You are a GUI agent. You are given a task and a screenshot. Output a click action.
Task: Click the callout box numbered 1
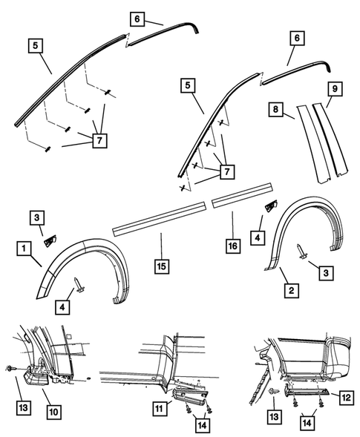coord(24,246)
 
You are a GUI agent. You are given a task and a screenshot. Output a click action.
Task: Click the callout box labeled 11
coord(158,409)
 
